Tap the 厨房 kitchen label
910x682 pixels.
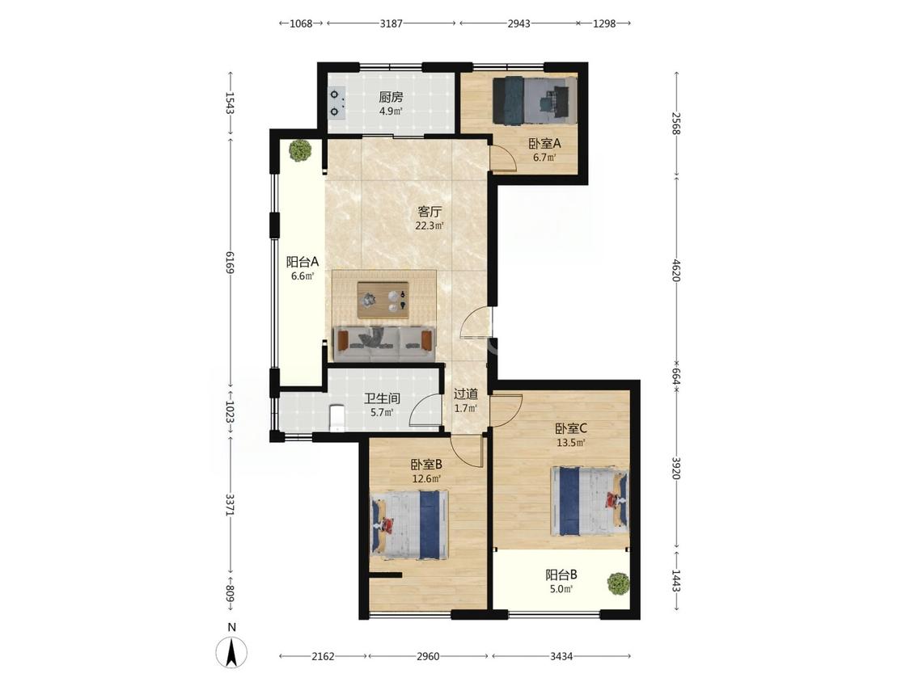pyautogui.click(x=391, y=97)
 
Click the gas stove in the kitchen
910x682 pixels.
pyautogui.click(x=336, y=102)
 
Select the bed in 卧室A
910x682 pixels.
pyautogui.click(x=535, y=99)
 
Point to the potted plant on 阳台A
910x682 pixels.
pyautogui.click(x=300, y=150)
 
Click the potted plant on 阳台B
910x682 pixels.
pyautogui.click(x=618, y=583)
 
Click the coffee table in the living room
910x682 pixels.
pyautogui.click(x=383, y=300)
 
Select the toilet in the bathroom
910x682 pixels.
pyautogui.click(x=337, y=418)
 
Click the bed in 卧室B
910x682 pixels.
pyautogui.click(x=410, y=525)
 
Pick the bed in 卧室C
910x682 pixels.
pyautogui.click(x=590, y=501)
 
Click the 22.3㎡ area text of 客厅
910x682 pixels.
pyautogui.click(x=430, y=226)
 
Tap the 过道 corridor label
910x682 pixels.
pyautogui.click(x=465, y=394)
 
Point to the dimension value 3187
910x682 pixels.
pyautogui.click(x=392, y=23)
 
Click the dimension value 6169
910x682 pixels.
pyautogui.click(x=230, y=263)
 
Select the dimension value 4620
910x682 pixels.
pyautogui.click(x=676, y=270)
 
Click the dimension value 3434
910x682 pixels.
pyautogui.click(x=561, y=656)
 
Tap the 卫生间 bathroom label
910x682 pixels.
pyautogui.click(x=382, y=398)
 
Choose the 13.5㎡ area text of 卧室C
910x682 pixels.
pyautogui.click(x=571, y=443)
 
